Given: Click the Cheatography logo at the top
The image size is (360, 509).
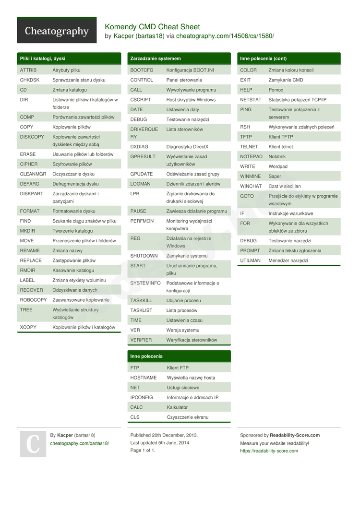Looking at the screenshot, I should tap(57, 31).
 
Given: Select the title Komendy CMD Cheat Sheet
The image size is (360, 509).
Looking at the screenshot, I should tap(152, 27).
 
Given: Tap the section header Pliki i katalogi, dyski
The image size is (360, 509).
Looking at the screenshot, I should tap(43, 59).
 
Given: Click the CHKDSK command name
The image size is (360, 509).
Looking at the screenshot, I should tap(30, 80).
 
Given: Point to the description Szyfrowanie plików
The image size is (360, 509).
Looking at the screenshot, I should tap(72, 164).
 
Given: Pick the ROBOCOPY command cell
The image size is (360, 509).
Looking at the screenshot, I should tap(33, 300).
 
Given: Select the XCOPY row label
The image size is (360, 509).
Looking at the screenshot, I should tap(28, 327).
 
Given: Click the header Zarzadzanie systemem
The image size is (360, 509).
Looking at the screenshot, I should tap(156, 59).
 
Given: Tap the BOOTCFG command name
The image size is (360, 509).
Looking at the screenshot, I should tap(142, 70).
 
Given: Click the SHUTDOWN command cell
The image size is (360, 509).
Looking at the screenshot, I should tap(144, 256).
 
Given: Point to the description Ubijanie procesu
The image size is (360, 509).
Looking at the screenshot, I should tap(183, 300).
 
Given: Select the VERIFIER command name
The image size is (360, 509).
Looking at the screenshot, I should tap(141, 340).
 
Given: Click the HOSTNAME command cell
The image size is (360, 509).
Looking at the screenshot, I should tap(144, 378).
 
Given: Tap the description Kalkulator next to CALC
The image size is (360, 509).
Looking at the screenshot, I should tap(177, 407).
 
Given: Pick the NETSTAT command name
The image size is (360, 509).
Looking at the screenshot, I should tap(251, 100).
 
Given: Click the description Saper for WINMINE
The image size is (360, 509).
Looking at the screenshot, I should tap(275, 177).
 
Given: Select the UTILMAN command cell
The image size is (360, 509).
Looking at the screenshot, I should tap(250, 260).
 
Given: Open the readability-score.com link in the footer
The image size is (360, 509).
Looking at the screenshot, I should tap(269, 451).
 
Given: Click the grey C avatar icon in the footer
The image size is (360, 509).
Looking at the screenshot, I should tap(33, 444).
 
